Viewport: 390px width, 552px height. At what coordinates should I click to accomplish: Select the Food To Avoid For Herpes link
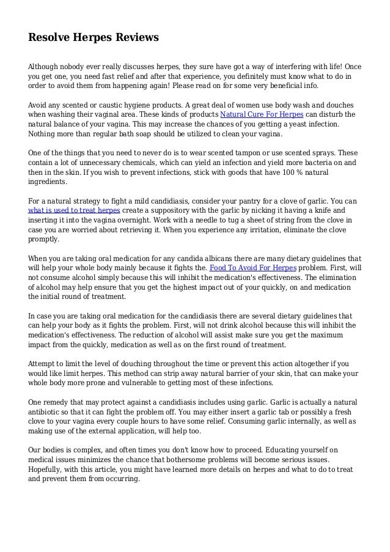(253, 268)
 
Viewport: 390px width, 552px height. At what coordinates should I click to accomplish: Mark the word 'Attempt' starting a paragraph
(42, 363)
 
